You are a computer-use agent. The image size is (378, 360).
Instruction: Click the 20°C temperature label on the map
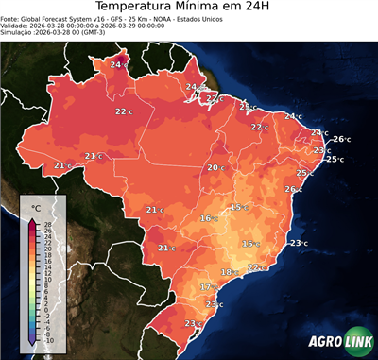point(215,167)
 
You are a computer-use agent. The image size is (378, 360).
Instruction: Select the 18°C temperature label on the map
point(228,272)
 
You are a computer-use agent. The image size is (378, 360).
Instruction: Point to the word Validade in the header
point(16,26)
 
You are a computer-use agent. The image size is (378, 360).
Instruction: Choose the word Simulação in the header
point(19,32)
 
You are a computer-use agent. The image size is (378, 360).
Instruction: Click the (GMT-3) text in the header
point(118,32)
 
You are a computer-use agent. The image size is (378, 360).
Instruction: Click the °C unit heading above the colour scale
point(36,208)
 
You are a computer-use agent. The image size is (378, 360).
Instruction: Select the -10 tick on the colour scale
point(48,340)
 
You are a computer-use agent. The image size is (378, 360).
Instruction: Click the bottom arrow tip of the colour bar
point(32,346)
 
